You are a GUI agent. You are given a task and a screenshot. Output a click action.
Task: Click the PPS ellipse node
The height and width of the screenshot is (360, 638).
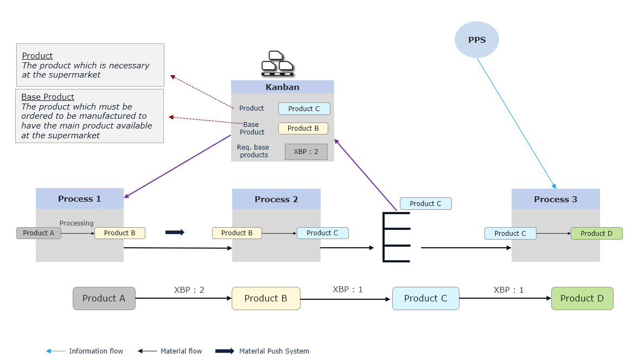[x=476, y=40]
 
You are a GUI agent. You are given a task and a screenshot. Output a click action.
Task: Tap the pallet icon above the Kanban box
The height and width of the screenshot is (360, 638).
[x=277, y=63]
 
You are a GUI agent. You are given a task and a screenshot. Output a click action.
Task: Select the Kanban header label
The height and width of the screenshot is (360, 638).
[x=282, y=87]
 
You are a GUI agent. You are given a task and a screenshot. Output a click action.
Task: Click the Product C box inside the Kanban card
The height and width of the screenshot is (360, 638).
[x=304, y=108]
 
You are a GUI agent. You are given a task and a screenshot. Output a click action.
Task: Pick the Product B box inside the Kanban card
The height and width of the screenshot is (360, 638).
[x=303, y=128]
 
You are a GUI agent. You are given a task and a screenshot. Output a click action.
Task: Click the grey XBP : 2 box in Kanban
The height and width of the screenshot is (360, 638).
[x=306, y=152]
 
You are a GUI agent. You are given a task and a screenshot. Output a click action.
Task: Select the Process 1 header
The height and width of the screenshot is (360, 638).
[x=80, y=199]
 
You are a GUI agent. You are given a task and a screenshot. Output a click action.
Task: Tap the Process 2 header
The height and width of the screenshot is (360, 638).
[x=276, y=199]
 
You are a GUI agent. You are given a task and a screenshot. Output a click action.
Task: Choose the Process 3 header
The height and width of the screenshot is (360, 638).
[x=556, y=199]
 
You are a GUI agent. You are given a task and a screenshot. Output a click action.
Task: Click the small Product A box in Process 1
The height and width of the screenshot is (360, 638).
[x=39, y=233]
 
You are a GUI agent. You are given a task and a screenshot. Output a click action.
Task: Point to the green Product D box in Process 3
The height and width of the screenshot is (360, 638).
[x=596, y=234]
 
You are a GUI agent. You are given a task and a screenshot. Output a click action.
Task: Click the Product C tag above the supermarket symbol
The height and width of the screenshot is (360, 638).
[x=425, y=204]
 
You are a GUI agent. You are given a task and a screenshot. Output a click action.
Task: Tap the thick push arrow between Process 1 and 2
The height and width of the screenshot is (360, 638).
[x=175, y=233]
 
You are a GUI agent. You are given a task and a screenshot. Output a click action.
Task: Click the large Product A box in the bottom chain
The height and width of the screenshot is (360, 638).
[x=104, y=298]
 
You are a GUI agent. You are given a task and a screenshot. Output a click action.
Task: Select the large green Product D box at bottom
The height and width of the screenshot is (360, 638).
[x=582, y=298]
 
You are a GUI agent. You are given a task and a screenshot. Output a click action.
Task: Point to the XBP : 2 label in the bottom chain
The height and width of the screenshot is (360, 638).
[x=189, y=290]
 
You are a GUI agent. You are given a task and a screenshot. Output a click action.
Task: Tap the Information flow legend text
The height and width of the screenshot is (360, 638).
[x=96, y=351]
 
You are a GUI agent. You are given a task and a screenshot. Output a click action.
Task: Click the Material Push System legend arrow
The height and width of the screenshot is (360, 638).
[x=225, y=351]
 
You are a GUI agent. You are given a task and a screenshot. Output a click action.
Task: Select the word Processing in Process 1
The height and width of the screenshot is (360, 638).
[x=76, y=223]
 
